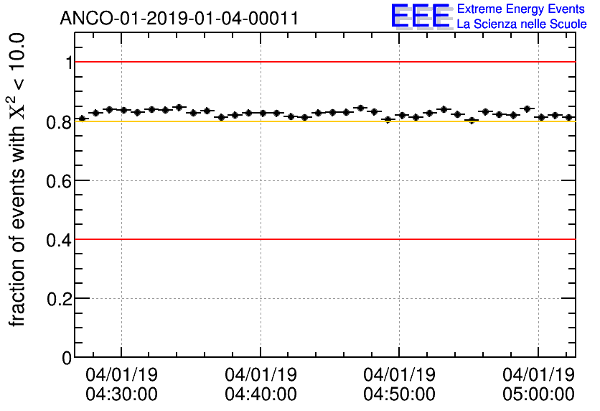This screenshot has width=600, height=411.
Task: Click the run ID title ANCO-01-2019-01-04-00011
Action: point(179,18)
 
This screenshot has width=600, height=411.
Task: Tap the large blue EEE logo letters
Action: point(421,17)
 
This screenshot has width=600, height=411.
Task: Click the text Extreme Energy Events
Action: point(521,9)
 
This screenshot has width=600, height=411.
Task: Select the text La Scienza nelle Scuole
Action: point(521,24)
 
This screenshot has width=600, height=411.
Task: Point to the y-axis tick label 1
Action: point(68,63)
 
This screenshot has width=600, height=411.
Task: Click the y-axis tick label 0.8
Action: point(59,121)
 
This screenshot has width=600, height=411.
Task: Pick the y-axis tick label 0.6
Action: point(59,180)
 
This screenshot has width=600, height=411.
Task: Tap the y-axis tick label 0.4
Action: point(59,239)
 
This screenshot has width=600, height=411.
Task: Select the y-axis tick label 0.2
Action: point(59,298)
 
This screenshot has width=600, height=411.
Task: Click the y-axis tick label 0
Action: point(67,357)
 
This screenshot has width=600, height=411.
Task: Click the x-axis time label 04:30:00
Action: point(121,394)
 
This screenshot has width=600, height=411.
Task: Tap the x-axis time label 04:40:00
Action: point(261,394)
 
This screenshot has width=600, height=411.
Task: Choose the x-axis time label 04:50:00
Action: point(400,394)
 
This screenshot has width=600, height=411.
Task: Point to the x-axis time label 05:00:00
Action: point(539,394)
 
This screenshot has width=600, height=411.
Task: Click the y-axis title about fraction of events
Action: point(19,180)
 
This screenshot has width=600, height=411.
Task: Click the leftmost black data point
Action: point(82,118)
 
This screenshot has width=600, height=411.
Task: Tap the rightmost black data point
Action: point(568,117)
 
